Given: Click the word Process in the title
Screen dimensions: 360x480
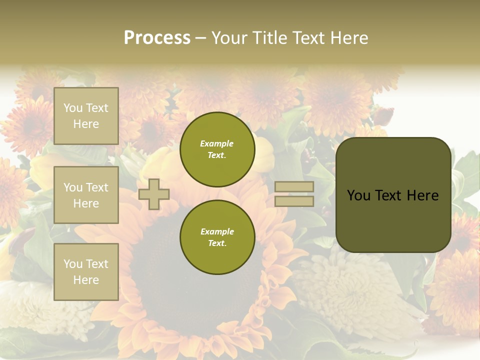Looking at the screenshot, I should click(157, 38).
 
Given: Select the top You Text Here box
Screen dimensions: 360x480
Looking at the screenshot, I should click(86, 116).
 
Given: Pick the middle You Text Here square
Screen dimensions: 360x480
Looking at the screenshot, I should click(86, 195).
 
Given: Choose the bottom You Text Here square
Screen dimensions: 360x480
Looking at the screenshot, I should click(86, 272).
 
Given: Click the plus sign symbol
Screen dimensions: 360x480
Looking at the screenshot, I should click(154, 194).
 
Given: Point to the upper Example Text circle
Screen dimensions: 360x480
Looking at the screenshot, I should click(217, 149).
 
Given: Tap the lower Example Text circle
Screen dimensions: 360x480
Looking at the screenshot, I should click(217, 237).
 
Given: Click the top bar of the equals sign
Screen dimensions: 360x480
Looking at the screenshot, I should click(294, 187).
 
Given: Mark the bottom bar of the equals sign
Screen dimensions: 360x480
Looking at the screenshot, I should click(294, 201).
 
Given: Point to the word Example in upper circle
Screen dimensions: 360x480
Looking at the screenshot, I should click(216, 143).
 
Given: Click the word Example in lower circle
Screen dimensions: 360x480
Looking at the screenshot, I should click(217, 231).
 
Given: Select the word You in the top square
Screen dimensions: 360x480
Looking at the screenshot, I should click(73, 108).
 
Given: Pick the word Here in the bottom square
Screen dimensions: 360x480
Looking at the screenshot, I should click(86, 280).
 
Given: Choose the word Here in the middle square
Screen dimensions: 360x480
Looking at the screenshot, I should click(86, 203).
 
